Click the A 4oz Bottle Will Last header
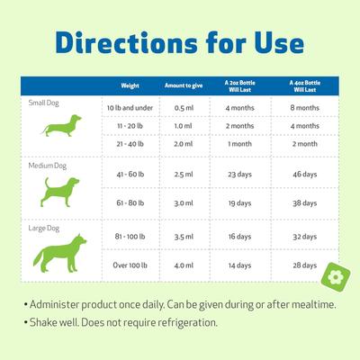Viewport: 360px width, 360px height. point(304,86)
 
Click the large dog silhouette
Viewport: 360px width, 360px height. point(62,247)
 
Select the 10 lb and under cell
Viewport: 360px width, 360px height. point(130,108)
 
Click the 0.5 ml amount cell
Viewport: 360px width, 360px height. point(184,108)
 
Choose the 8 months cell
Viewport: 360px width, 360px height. point(304,108)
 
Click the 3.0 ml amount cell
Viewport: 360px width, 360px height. point(184,204)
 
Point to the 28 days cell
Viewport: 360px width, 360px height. point(304,265)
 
